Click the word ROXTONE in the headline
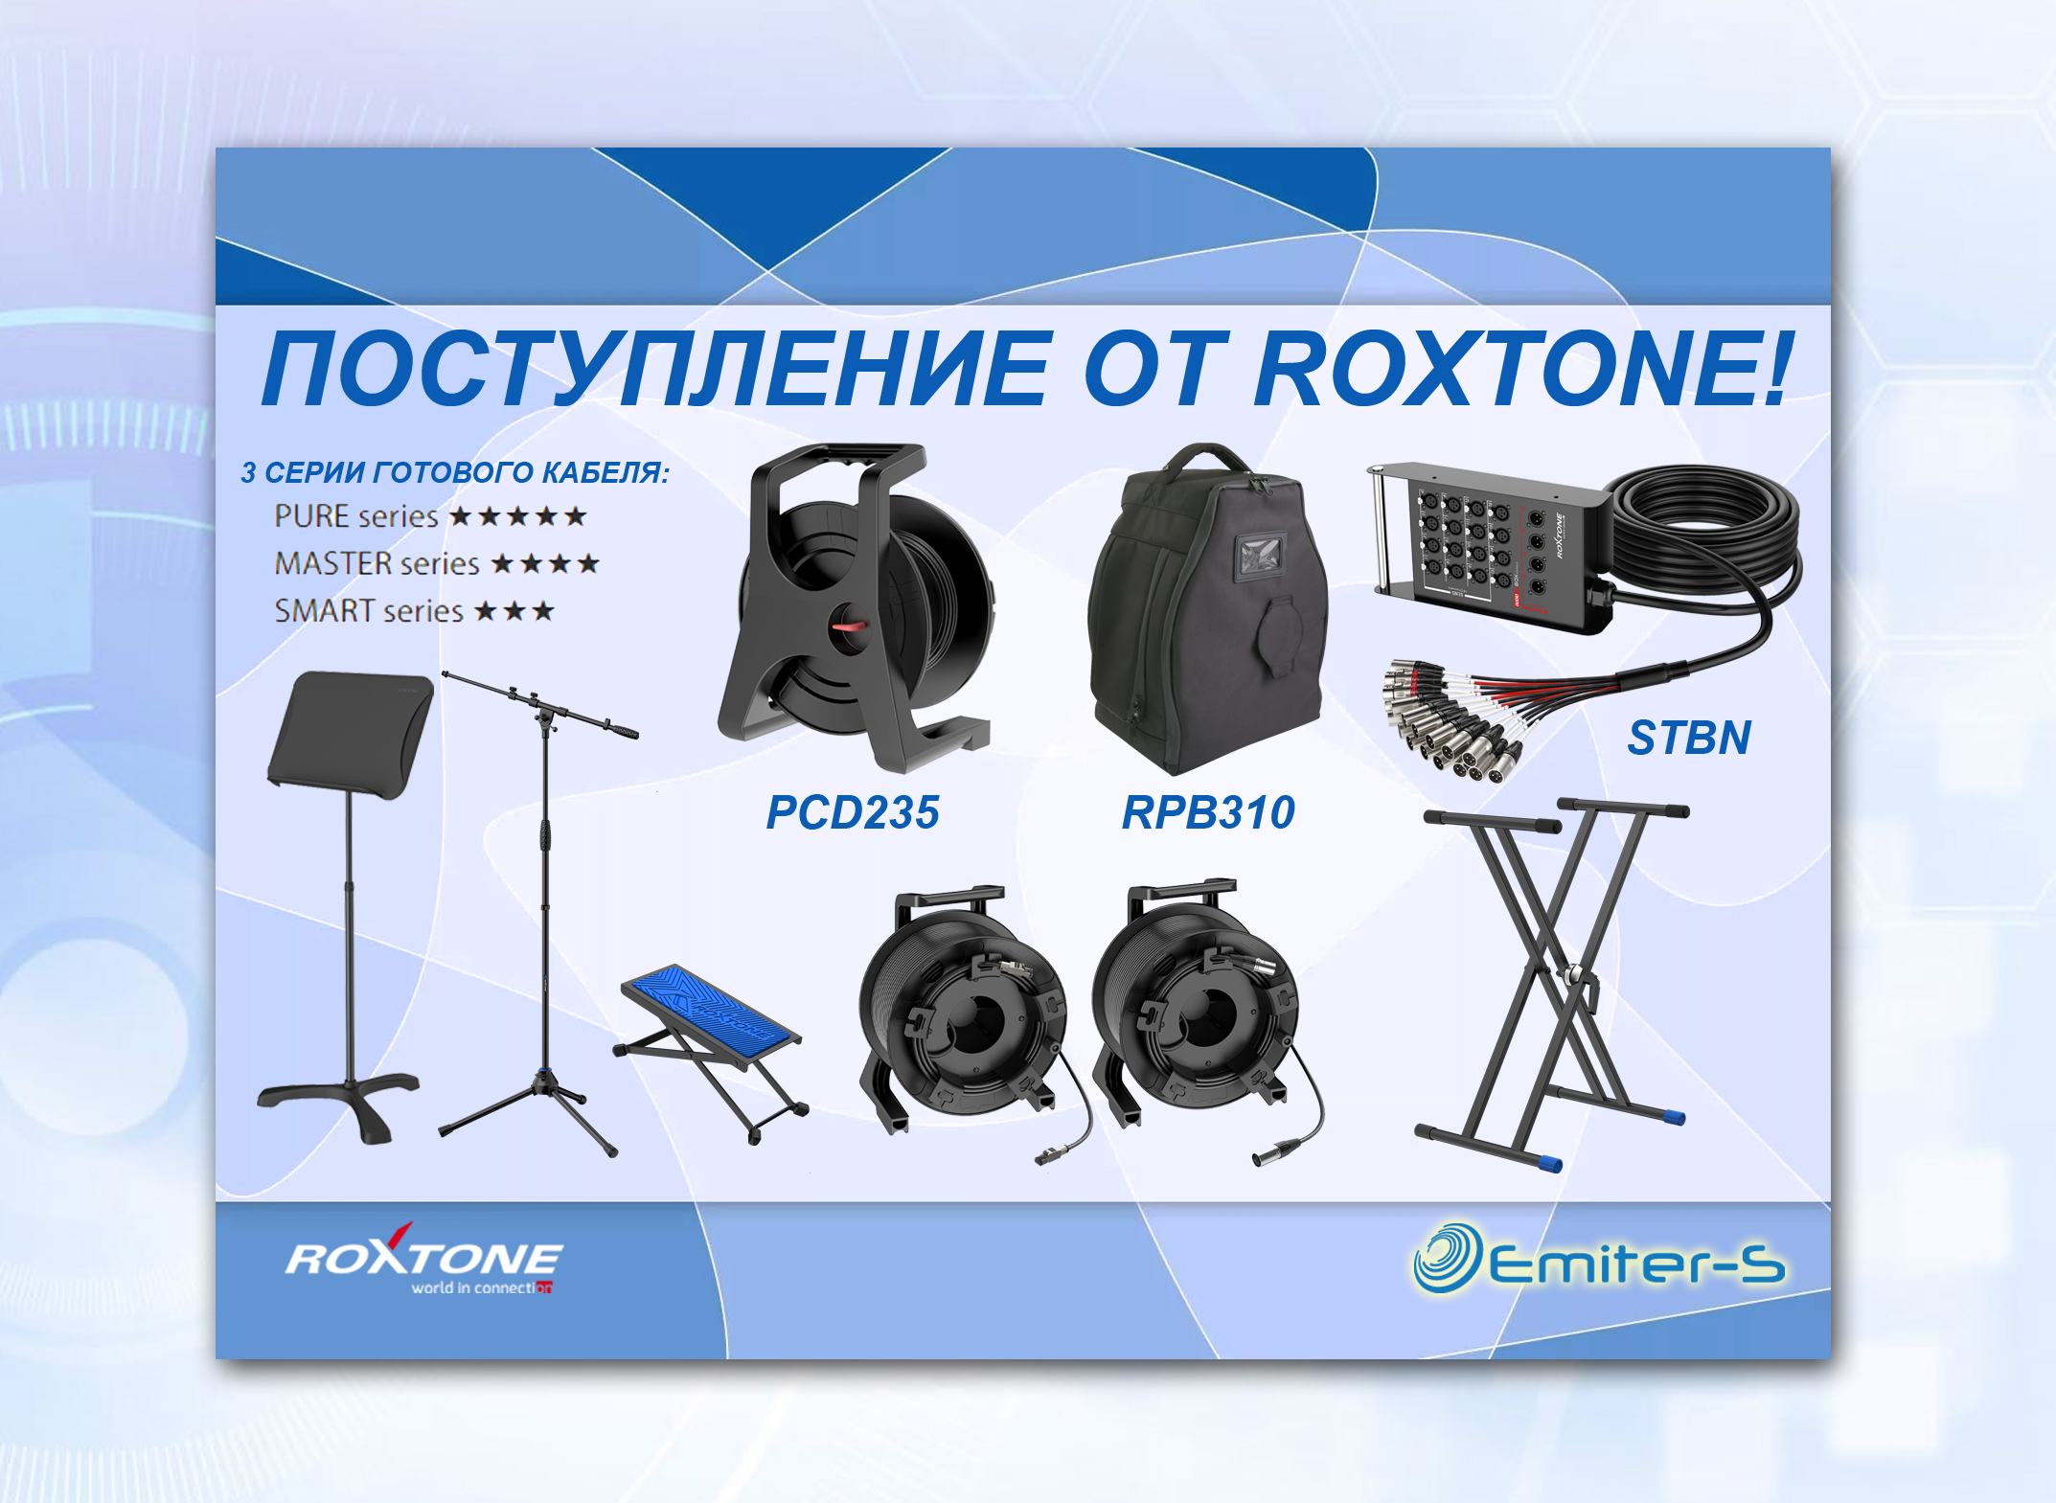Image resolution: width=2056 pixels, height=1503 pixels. [x=1520, y=369]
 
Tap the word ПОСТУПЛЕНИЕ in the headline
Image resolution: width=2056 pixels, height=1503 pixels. [x=656, y=369]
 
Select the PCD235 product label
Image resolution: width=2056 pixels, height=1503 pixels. [x=853, y=812]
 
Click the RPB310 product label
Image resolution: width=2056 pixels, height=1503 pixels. [x=1208, y=812]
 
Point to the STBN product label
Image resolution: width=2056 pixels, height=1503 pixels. [x=1689, y=738]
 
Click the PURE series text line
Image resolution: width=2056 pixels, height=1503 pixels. [x=430, y=516]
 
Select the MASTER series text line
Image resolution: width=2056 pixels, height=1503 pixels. [x=437, y=563]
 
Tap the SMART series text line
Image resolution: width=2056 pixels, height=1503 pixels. [x=414, y=610]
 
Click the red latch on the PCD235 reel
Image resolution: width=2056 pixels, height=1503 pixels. [x=850, y=626]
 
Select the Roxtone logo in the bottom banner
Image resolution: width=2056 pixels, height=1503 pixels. [x=423, y=1260]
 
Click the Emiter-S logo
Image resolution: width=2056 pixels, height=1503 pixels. [x=1599, y=1258]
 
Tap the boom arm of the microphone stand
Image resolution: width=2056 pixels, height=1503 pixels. [x=539, y=703]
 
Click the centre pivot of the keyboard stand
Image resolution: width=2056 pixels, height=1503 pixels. [x=1572, y=977]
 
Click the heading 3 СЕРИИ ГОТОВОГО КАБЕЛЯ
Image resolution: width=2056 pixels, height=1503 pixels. [x=455, y=472]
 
